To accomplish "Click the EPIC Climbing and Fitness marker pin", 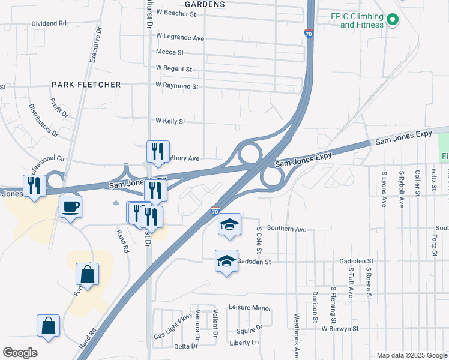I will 393,20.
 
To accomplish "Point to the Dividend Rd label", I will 49,23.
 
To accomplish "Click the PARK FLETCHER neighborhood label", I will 86,85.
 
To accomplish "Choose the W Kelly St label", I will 170,121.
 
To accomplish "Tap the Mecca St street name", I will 169,52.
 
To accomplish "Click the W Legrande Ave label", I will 180,37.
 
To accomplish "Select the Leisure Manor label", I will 250,308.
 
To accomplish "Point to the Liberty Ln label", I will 244,343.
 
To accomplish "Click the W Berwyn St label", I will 339,329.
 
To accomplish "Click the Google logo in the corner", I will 20,352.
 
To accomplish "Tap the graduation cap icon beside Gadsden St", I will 226,261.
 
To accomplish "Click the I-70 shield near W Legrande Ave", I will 309,34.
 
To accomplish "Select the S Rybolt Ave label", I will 401,190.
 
